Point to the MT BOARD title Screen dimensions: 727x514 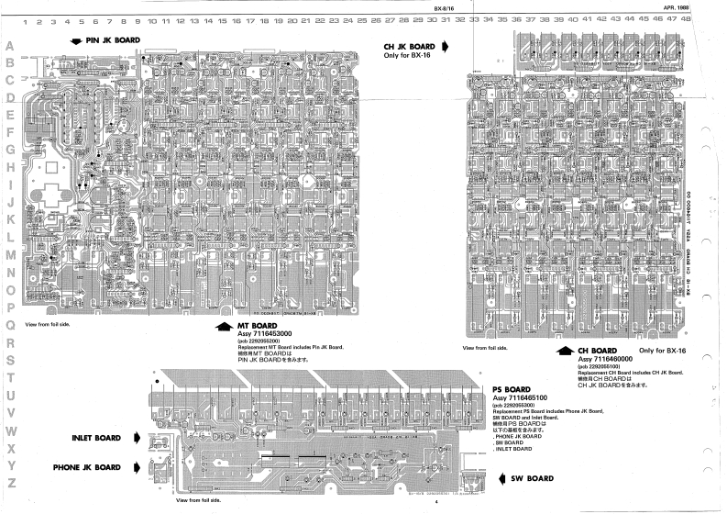(x=259, y=326)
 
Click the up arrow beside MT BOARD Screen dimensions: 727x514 (x=223, y=327)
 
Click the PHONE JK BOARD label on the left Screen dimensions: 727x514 (x=87, y=467)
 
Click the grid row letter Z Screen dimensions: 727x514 (x=11, y=483)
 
